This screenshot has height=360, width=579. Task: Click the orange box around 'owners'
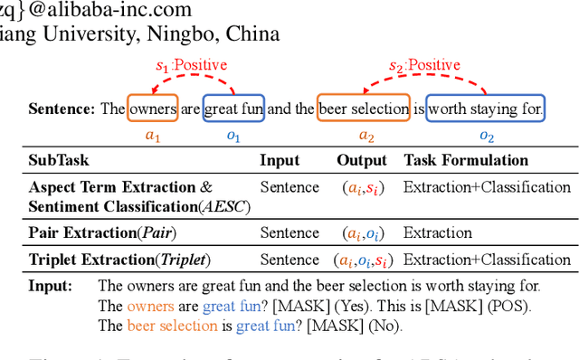tap(153, 109)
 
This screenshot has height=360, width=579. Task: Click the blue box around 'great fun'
tap(234, 109)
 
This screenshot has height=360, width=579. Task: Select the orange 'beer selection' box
tap(364, 109)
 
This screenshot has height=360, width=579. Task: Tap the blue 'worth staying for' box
tap(486, 109)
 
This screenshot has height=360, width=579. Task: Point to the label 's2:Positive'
tap(424, 66)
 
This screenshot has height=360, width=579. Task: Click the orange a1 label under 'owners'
tap(152, 137)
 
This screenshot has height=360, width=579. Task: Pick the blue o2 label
tap(487, 137)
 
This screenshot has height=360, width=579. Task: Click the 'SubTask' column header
tap(59, 161)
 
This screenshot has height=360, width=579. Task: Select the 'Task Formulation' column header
tap(466, 161)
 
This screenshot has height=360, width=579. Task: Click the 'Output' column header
tap(362, 161)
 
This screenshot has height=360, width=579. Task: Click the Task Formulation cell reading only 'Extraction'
tap(438, 232)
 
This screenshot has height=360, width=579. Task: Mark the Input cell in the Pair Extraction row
tap(289, 232)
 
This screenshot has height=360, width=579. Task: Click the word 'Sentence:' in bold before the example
tap(62, 109)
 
